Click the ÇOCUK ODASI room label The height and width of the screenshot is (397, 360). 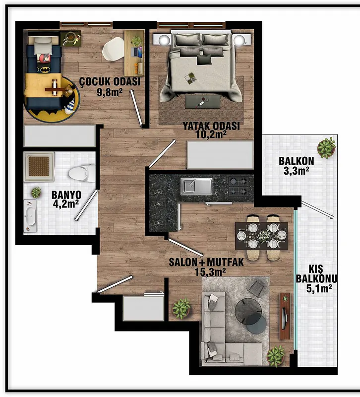(x=110, y=82)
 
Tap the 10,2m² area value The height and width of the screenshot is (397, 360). (x=211, y=134)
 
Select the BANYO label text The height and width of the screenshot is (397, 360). (x=66, y=195)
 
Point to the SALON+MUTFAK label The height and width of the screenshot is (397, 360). (x=206, y=262)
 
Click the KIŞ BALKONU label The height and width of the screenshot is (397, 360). (x=316, y=274)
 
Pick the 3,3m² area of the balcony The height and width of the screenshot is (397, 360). (x=296, y=171)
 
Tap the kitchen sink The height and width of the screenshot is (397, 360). (x=196, y=187)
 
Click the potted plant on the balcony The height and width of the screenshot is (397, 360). (x=326, y=147)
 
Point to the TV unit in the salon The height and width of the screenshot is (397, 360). (x=285, y=316)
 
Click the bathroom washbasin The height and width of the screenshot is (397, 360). (x=30, y=216)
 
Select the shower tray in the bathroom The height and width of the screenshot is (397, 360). (x=39, y=167)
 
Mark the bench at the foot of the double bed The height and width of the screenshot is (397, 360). (x=202, y=102)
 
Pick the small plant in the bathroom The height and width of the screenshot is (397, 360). (x=36, y=193)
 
